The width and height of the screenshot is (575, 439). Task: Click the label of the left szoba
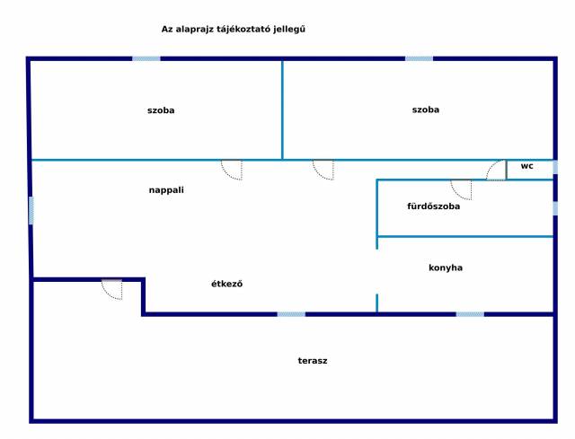coord(161,110)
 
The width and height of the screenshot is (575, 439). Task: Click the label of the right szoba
coord(425,110)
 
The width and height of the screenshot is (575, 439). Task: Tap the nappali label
coord(166,190)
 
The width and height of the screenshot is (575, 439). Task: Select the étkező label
coord(226,284)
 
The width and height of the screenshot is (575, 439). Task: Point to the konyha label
coord(446,268)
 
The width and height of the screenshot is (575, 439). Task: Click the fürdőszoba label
coord(433,206)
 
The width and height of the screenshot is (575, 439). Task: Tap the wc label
coord(526,166)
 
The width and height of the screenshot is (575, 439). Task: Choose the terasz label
coord(313,361)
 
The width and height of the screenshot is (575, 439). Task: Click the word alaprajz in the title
coord(194,30)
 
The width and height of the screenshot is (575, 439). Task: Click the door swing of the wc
coord(497,170)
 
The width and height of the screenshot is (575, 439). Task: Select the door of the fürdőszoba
coord(461,189)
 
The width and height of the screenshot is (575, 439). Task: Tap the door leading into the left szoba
coord(232,170)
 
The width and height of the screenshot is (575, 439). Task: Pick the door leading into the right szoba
coord(323,170)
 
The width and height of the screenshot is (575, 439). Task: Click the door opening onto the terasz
coord(111,289)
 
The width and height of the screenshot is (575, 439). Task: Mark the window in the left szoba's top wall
coord(146,58)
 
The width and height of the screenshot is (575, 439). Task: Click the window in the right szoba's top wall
coord(420,58)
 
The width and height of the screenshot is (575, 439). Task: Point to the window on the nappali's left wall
coord(31,211)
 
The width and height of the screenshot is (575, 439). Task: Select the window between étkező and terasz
coord(291,314)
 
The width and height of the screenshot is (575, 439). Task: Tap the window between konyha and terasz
coord(470,314)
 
